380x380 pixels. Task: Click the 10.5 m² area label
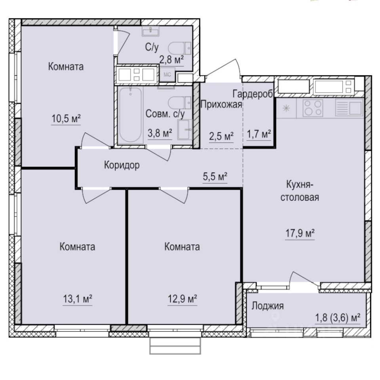click(x=66, y=118)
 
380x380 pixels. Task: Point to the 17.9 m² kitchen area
click(x=300, y=234)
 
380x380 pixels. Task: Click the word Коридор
click(x=122, y=165)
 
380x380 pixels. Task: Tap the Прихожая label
click(x=221, y=104)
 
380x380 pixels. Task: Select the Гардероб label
click(x=253, y=94)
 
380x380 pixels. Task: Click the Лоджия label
click(x=268, y=306)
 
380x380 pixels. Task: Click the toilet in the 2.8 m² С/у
click(x=177, y=49)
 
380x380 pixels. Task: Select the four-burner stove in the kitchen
click(x=313, y=108)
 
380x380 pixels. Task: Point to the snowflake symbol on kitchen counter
click(x=288, y=108)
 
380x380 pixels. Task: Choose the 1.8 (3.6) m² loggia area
click(x=337, y=318)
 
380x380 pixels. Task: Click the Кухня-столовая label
click(x=300, y=191)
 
